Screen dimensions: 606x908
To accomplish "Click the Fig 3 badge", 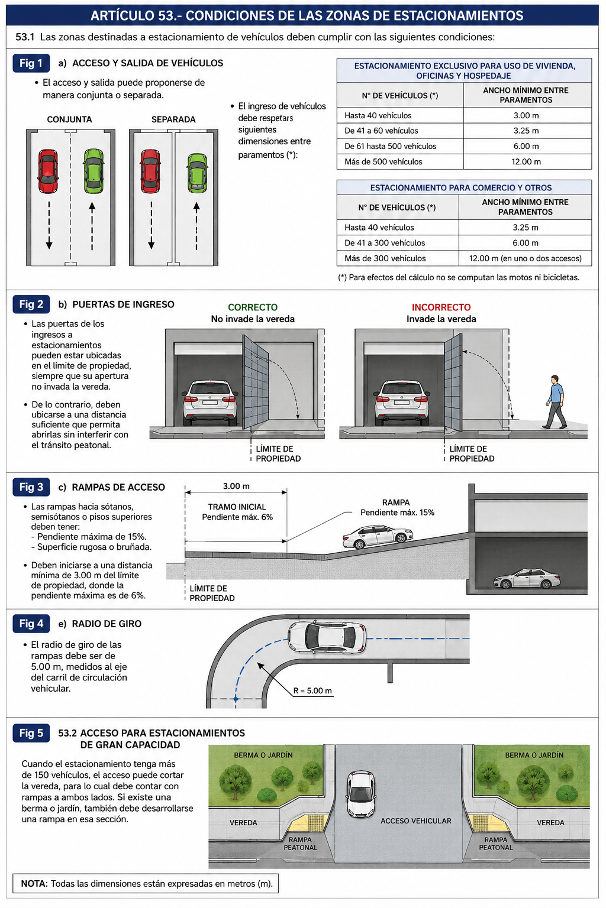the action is tap(31, 487).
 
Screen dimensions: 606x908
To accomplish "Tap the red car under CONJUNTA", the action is tap(48, 171).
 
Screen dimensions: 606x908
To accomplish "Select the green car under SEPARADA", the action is tap(197, 173).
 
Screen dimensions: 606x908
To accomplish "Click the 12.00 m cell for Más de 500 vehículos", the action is tap(526, 162).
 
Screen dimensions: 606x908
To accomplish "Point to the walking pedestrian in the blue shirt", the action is tap(555, 402).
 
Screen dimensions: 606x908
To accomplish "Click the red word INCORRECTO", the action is tap(441, 307).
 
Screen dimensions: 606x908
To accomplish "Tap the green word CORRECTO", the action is tap(253, 307).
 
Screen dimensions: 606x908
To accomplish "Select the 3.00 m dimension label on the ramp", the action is tap(236, 486).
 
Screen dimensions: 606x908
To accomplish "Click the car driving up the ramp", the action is tap(378, 536).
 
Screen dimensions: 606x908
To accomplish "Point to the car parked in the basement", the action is tap(527, 579).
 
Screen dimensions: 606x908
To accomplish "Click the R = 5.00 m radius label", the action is tap(312, 690).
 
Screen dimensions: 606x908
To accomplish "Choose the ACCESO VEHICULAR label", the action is tap(415, 821).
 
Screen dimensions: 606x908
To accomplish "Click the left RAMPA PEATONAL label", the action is tap(301, 844).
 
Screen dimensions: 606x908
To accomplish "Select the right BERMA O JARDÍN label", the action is tap(534, 755).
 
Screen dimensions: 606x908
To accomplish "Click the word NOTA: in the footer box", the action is tap(34, 884).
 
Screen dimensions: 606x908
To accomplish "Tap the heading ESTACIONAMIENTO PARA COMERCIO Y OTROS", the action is tap(460, 187).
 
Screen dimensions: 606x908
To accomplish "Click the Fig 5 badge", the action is tap(31, 733).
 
